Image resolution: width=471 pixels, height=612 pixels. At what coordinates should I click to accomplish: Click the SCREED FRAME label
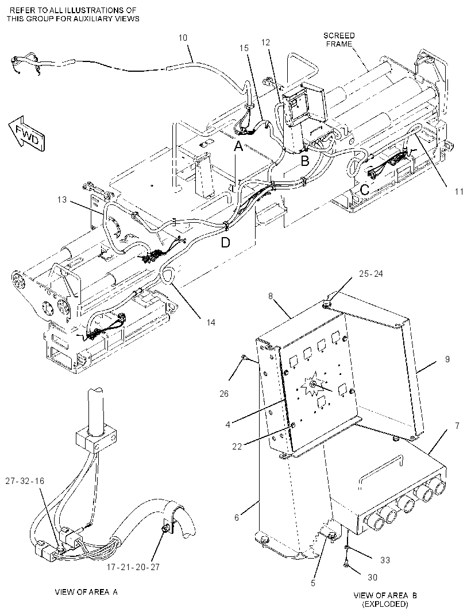[339, 40]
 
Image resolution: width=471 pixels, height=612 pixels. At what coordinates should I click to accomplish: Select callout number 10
[183, 38]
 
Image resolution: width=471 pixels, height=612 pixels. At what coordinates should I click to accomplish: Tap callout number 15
[244, 48]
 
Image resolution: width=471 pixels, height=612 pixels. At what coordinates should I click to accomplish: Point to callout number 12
[265, 42]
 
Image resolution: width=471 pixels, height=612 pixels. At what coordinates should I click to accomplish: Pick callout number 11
[459, 191]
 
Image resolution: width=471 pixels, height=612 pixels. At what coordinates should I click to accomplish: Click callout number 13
[61, 200]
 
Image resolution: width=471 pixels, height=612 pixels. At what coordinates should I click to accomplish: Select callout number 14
[211, 322]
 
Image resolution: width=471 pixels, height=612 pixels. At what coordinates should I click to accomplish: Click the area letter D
[225, 242]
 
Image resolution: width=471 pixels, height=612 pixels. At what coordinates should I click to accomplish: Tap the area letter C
[364, 189]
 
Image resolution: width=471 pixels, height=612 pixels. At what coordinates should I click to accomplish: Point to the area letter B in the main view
[304, 160]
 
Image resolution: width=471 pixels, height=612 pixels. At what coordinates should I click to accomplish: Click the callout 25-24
[371, 274]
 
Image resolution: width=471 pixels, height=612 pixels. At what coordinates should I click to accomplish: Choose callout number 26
[224, 393]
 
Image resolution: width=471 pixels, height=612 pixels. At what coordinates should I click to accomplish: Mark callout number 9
[447, 359]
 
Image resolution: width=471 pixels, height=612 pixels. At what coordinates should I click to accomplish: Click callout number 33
[385, 560]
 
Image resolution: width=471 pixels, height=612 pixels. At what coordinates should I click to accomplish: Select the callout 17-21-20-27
[133, 567]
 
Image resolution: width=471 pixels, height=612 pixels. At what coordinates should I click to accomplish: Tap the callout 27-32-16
[25, 481]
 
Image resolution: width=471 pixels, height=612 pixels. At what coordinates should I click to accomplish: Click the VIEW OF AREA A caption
[86, 592]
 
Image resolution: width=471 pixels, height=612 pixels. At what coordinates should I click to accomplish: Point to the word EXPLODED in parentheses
[385, 604]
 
